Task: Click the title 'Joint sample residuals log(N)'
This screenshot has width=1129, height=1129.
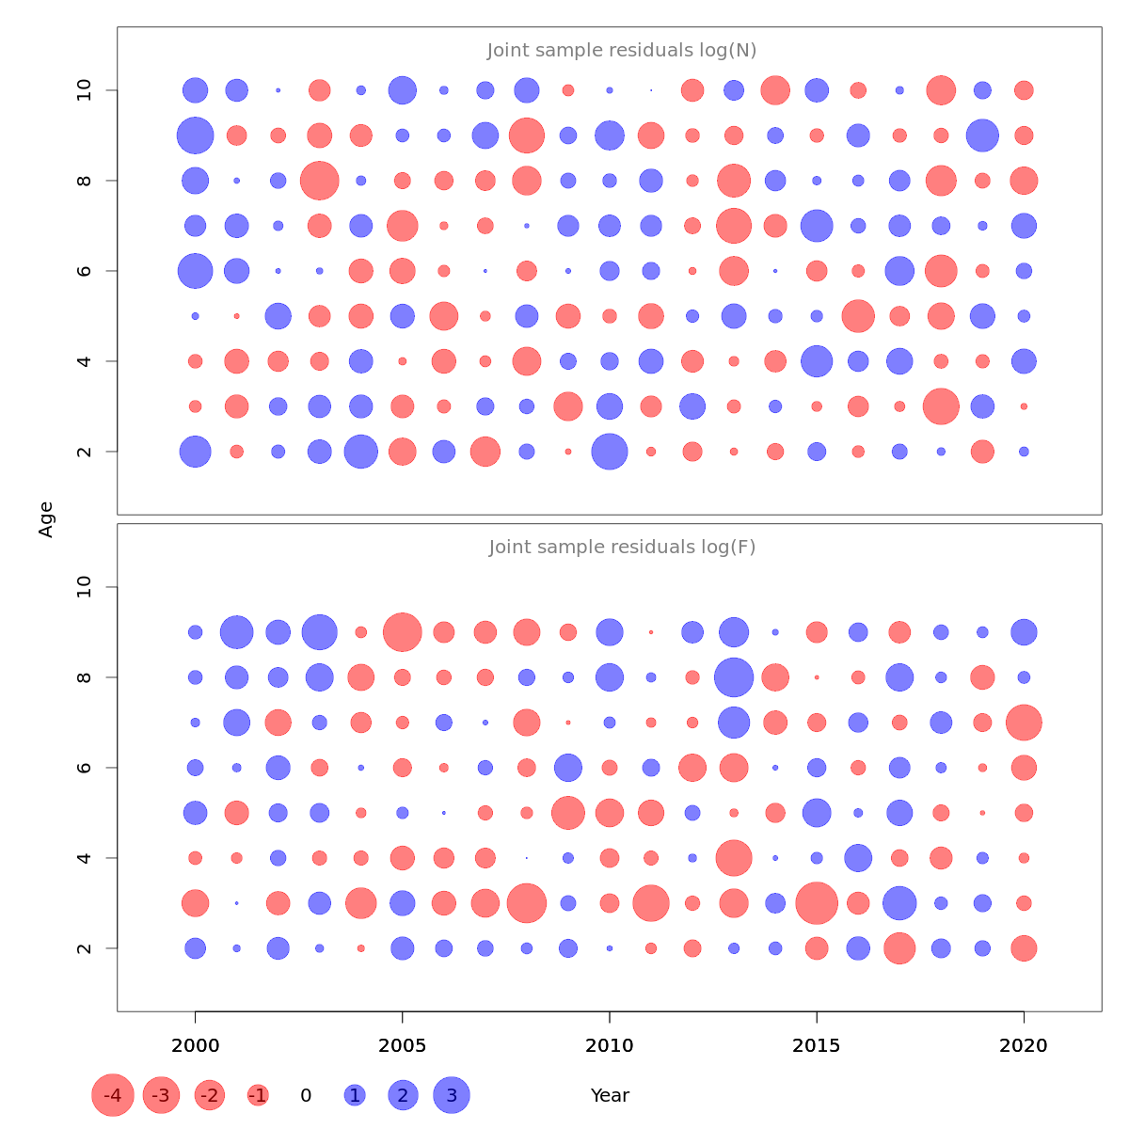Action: tap(622, 50)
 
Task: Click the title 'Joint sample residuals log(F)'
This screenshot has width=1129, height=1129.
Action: tap(622, 547)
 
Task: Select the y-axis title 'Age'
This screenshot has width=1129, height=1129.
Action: tap(46, 519)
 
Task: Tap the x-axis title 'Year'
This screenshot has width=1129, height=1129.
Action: tap(610, 1095)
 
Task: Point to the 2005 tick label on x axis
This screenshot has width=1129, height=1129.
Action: tap(403, 1045)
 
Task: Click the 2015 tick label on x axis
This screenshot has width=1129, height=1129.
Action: tap(817, 1045)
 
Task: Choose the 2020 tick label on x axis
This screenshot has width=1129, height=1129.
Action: tap(1024, 1045)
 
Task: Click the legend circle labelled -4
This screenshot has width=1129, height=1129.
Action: tap(113, 1095)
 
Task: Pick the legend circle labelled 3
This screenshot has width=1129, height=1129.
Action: tap(452, 1095)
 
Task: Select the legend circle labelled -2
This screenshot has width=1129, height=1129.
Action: tap(210, 1095)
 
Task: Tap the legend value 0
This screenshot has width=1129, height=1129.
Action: tap(306, 1095)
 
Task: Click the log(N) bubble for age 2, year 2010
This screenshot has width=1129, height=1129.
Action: tap(610, 452)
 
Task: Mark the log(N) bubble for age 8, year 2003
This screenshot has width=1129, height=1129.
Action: tap(319, 181)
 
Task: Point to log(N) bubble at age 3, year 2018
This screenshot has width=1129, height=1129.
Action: tap(941, 406)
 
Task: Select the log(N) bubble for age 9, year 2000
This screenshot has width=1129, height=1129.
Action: tap(195, 135)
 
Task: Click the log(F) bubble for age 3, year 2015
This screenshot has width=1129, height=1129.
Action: tap(817, 903)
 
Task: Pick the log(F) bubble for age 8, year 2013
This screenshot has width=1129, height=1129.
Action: tap(734, 677)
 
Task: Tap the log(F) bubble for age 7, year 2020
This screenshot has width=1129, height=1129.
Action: tap(1024, 723)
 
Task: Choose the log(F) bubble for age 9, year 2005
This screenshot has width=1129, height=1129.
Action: tap(403, 632)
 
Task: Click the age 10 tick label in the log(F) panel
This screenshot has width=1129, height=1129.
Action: tap(85, 587)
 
